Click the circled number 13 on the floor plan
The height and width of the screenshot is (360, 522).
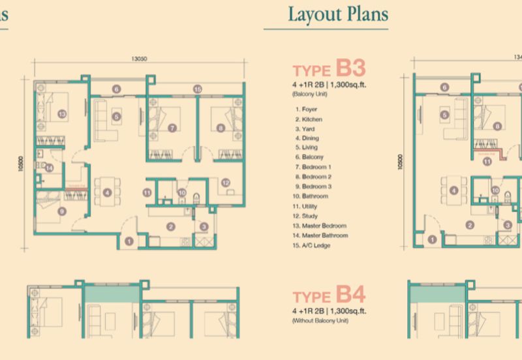point(62,113)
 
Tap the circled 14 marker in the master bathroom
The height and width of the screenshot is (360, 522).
point(49,168)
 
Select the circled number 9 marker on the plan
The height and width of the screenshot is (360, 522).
point(61,211)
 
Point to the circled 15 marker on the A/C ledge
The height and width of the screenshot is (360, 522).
point(197,89)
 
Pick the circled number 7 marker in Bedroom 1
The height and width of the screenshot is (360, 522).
point(172,128)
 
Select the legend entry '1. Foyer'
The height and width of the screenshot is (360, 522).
point(308,110)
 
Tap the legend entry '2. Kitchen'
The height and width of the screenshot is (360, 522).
point(310,119)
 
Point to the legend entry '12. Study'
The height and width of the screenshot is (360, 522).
point(308,215)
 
